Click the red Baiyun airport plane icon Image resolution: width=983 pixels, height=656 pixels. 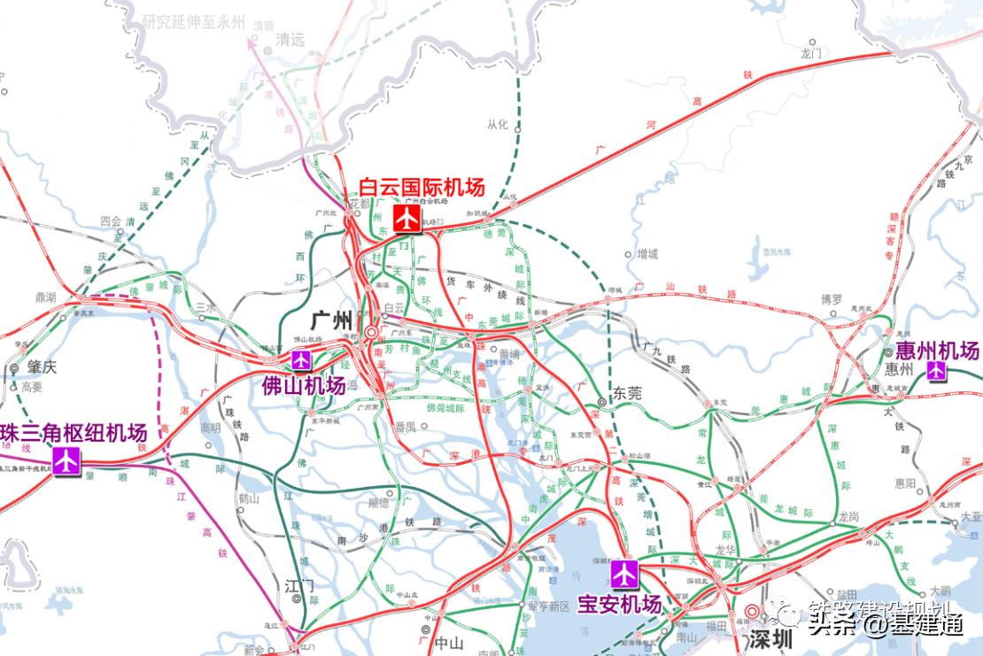click(x=407, y=217)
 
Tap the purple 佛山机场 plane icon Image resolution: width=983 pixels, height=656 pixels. click(x=302, y=359)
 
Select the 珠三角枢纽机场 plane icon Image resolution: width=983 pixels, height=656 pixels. click(x=66, y=460)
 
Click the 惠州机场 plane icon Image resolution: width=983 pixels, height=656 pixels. click(x=936, y=371)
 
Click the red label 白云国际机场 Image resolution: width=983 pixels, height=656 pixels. click(x=422, y=189)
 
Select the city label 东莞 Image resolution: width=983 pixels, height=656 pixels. click(x=627, y=394)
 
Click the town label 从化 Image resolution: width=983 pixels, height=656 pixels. click(x=498, y=126)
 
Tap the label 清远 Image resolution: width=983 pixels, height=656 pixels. click(x=290, y=40)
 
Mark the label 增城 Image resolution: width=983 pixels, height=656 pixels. click(x=647, y=254)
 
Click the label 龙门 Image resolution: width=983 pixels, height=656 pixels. click(x=811, y=53)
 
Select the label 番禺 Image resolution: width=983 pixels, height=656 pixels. click(x=405, y=428)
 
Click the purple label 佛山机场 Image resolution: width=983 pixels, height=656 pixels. click(x=303, y=386)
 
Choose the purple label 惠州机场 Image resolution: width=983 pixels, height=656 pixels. click(x=937, y=350)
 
